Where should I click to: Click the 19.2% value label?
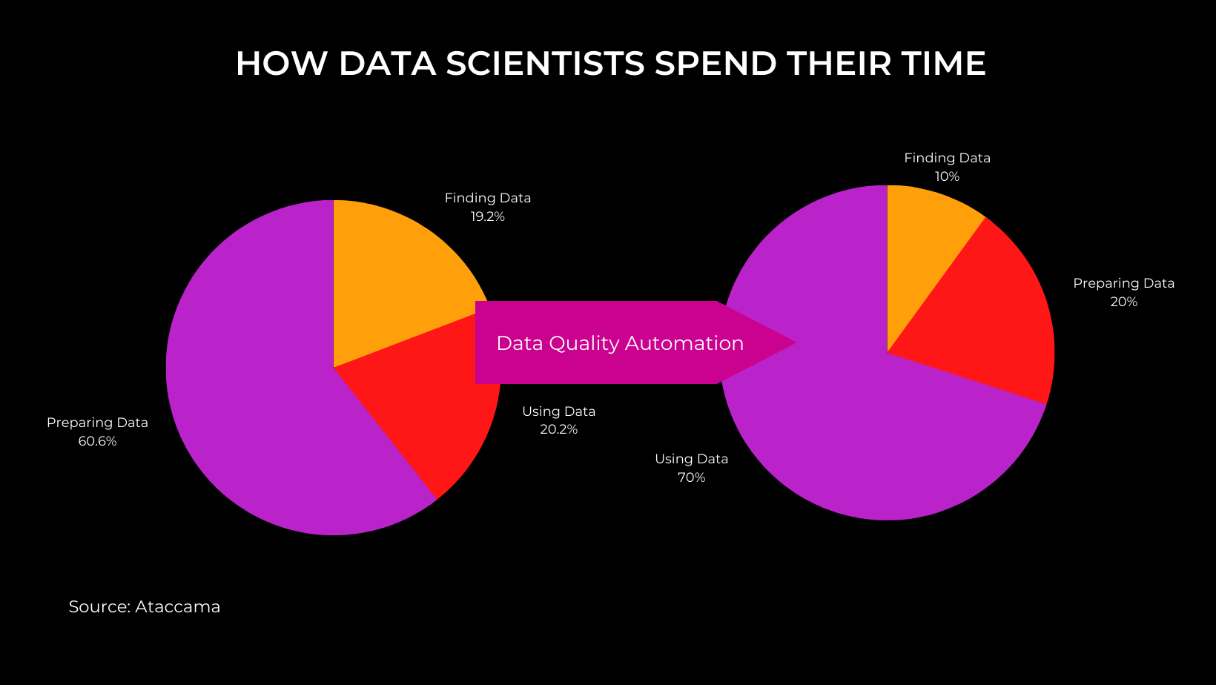(487, 216)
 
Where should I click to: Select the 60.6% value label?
(97, 441)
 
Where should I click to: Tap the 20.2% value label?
(558, 429)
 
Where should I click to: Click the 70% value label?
(691, 477)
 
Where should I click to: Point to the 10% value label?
(947, 176)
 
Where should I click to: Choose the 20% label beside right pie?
(1123, 302)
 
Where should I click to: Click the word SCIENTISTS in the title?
(545, 64)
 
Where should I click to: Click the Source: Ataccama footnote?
(145, 606)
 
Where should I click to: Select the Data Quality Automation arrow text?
(620, 343)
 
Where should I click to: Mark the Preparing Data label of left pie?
(97, 423)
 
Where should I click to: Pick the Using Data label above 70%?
(691, 459)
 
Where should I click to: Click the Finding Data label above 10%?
(947, 158)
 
